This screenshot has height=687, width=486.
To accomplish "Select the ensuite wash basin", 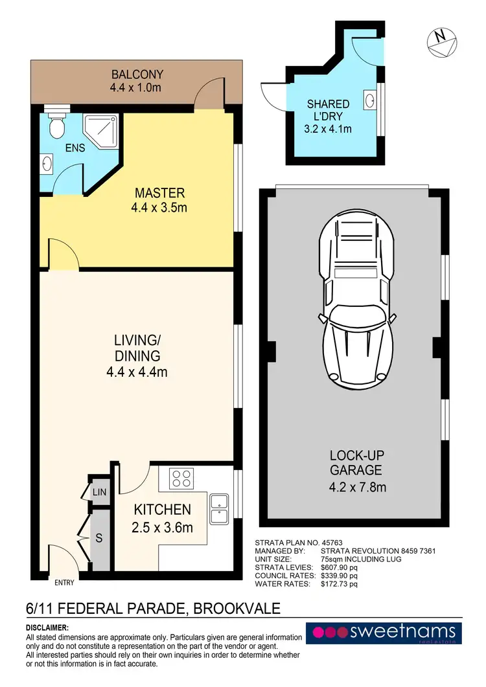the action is click(x=47, y=164).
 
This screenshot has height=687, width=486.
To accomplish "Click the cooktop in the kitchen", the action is click(x=181, y=479).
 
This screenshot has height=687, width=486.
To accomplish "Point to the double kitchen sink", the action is click(x=219, y=509).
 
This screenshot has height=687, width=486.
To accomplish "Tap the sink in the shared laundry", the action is click(x=370, y=100).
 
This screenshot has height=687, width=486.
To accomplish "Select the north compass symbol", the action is click(x=442, y=43).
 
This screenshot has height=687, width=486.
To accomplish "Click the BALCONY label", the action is click(x=137, y=74).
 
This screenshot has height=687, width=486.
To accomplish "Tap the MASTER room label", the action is click(x=159, y=193).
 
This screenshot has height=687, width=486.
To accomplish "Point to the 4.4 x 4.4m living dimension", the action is click(x=137, y=372).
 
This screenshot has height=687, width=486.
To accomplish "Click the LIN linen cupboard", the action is click(x=99, y=492).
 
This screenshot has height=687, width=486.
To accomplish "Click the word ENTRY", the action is click(x=64, y=583).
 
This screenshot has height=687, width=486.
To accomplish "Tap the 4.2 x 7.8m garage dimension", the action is click(x=358, y=487).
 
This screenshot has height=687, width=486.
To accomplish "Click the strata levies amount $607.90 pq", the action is click(x=339, y=567).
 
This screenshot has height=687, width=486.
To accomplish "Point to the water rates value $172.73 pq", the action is click(x=339, y=584).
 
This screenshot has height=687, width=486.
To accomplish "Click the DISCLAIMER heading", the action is click(x=47, y=628).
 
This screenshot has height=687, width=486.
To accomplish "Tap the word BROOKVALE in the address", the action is click(x=237, y=609).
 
